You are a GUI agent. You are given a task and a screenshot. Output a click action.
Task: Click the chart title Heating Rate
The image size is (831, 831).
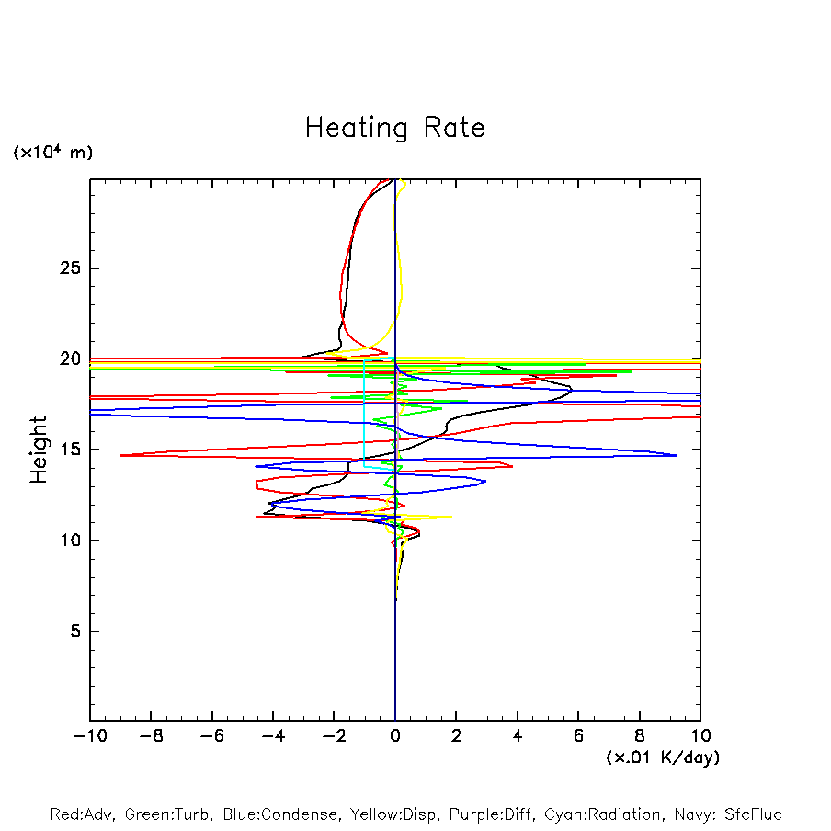tap(394, 128)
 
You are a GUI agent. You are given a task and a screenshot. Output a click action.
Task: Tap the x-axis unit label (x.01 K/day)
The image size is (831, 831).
tap(662, 757)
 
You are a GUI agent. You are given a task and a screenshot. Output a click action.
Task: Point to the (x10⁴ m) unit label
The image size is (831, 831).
tap(52, 153)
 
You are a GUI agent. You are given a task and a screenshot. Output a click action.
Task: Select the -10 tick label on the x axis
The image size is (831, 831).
tap(89, 735)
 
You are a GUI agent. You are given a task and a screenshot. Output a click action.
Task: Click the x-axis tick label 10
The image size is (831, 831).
tap(700, 735)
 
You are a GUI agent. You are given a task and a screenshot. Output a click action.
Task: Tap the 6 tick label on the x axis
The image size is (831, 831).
tap(578, 735)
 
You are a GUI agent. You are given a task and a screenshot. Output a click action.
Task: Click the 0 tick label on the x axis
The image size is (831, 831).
tap(395, 735)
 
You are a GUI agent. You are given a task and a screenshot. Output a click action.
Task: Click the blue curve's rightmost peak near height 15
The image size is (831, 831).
tap(677, 455)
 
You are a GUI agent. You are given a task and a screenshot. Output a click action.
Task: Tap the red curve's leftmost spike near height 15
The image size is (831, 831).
tap(120, 455)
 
